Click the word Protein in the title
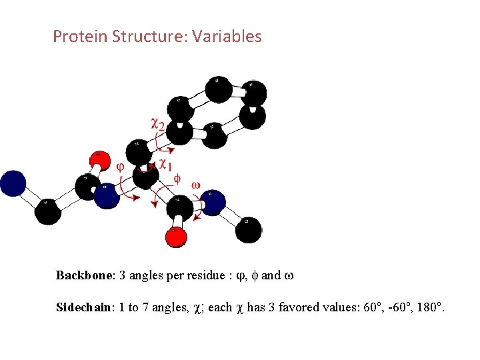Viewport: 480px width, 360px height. click(x=75, y=36)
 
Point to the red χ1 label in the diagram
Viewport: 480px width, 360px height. click(x=165, y=163)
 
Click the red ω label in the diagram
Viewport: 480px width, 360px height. click(x=196, y=185)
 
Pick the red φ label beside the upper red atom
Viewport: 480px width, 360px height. click(x=121, y=167)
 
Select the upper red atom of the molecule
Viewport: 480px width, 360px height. click(x=99, y=159)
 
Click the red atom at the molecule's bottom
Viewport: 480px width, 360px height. click(x=176, y=237)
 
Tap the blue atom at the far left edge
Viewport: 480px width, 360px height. click(x=11, y=183)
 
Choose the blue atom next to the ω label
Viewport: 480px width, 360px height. click(x=212, y=201)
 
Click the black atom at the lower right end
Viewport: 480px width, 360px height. click(x=248, y=229)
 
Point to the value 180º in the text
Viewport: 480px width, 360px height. click(x=427, y=307)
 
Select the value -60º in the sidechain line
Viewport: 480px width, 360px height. click(x=391, y=307)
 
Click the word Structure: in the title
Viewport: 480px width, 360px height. click(x=146, y=36)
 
